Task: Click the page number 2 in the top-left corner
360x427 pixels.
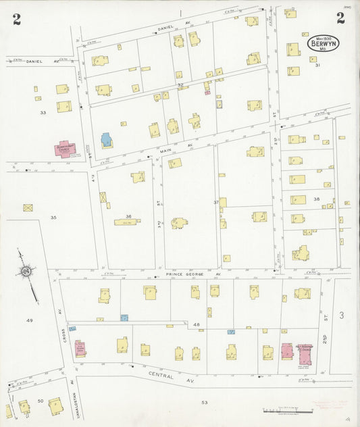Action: [x=16, y=19]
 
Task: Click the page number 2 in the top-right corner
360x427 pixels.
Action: [x=340, y=18]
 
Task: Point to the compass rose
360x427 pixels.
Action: [x=26, y=272]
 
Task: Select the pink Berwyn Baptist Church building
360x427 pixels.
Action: [x=65, y=149]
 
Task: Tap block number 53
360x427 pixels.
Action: [x=203, y=403]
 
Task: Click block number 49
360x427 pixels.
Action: [x=29, y=320]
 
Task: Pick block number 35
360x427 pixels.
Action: [x=53, y=218]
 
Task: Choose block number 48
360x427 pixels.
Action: [x=197, y=325]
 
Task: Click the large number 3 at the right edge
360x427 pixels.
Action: [x=341, y=316]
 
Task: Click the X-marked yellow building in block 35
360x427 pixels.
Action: [x=28, y=208]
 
